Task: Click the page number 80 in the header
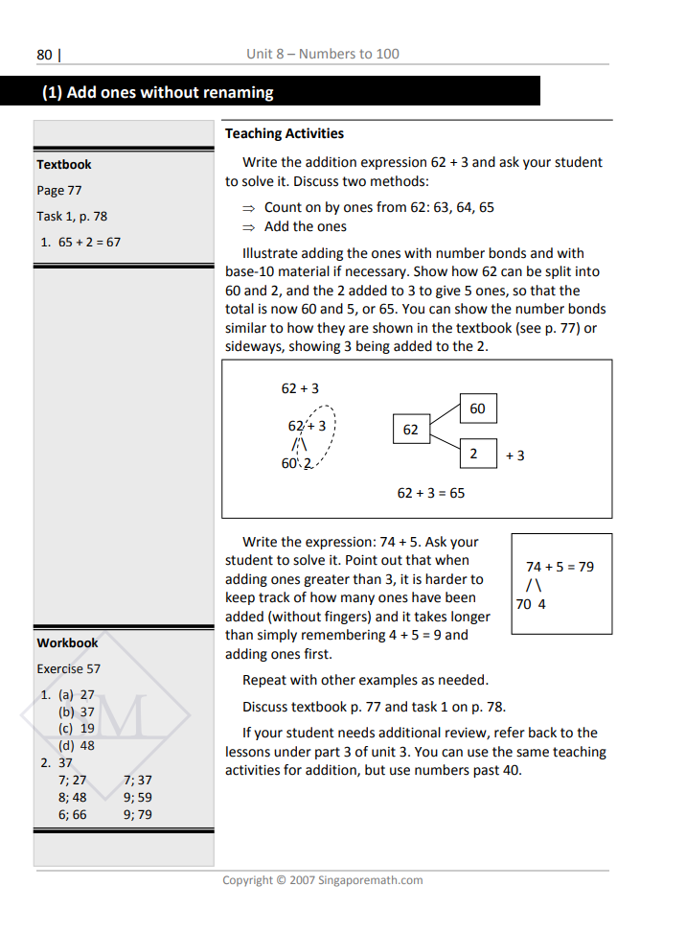click(x=44, y=55)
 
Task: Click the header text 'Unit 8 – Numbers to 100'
click(x=322, y=54)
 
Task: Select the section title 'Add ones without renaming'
click(x=170, y=92)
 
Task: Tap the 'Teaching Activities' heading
click(x=285, y=133)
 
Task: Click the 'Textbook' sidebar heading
click(x=64, y=164)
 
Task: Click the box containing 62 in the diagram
click(x=411, y=430)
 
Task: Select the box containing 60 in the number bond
click(x=477, y=408)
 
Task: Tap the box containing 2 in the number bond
click(x=473, y=454)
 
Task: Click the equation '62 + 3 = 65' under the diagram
click(x=431, y=492)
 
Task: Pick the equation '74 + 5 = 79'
click(x=560, y=567)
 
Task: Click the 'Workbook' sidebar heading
click(x=67, y=642)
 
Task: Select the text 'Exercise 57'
click(x=68, y=668)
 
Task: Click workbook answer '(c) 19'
click(x=77, y=728)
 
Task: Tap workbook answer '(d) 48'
click(x=77, y=745)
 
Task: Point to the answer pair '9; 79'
click(x=138, y=814)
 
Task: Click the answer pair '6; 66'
click(x=72, y=814)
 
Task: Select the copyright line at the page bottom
click(x=322, y=879)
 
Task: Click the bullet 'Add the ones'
click(x=306, y=226)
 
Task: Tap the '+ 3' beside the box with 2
click(x=515, y=455)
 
